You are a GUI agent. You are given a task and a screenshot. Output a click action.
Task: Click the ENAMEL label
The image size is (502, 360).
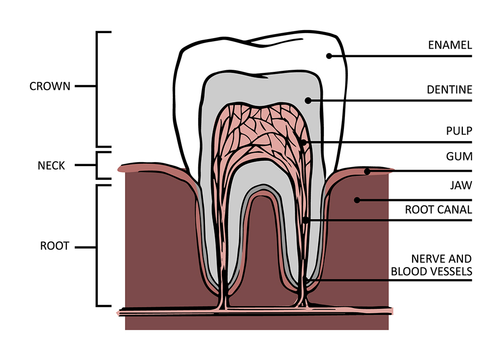click(450, 45)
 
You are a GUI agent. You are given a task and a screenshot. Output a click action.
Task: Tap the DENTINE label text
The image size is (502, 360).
click(449, 90)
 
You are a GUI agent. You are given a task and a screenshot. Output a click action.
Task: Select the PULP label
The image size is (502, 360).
click(459, 131)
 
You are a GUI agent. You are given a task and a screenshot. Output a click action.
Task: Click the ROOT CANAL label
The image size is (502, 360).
click(438, 210)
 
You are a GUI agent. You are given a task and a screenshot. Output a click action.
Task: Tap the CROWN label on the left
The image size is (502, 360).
click(50, 86)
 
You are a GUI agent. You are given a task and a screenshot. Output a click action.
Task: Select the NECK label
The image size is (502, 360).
click(51, 165)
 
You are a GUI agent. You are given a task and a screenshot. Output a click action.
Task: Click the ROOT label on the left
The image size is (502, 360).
click(54, 247)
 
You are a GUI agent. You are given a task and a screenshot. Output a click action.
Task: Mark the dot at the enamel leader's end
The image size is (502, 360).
click(329, 56)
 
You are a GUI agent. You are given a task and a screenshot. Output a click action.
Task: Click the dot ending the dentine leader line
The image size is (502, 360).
click(308, 100)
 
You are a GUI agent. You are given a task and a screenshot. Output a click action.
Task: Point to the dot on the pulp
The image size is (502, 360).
click(303, 143)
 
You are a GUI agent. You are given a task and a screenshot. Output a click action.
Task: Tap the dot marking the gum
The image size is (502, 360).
click(367, 172)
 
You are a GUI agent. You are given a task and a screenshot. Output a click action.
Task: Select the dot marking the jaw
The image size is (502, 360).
click(357, 200)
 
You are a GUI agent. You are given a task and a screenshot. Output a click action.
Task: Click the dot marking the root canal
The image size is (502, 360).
click(305, 220)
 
